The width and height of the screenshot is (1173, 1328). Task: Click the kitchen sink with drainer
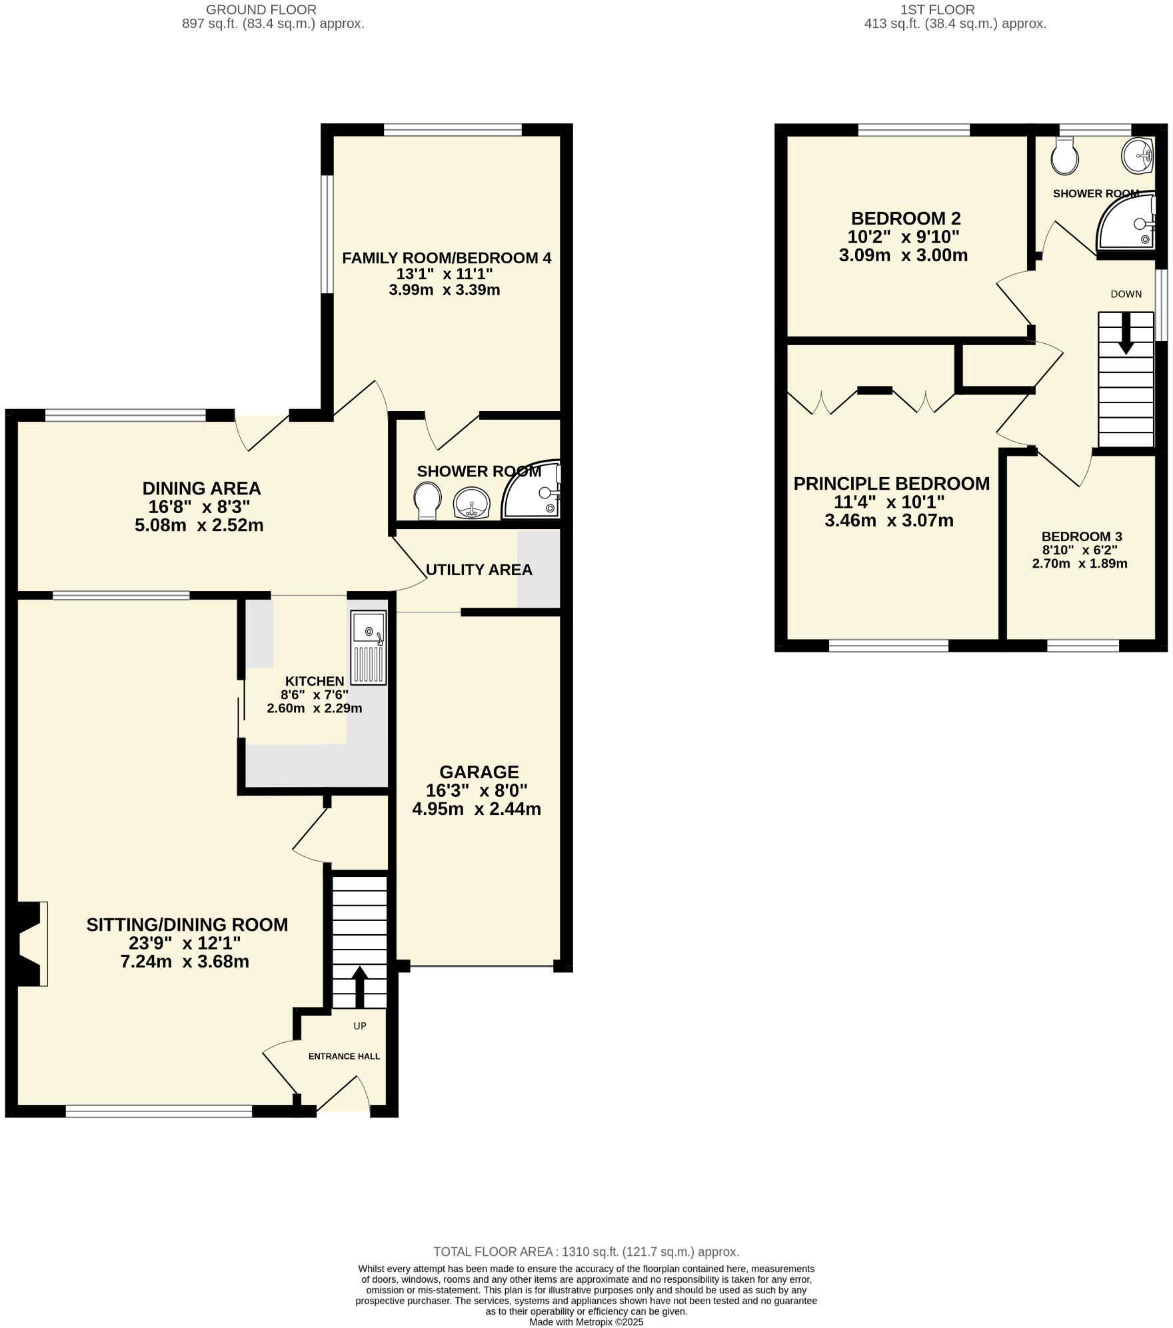369,648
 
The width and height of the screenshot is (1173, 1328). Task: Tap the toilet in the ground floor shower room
427,500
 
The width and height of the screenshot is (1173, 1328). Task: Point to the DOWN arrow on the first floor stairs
1126,333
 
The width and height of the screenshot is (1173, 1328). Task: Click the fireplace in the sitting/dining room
30,944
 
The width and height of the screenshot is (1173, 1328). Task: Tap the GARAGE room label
479,772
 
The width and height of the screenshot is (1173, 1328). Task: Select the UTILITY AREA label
479,570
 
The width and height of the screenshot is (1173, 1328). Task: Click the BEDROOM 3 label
1082,536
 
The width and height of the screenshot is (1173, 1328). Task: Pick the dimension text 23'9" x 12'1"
185,943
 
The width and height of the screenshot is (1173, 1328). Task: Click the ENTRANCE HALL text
344,1056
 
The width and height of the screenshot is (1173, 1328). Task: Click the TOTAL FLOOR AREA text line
586,1251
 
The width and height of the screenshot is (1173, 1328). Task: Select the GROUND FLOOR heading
261,9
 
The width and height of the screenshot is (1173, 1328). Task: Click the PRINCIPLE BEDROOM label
891,484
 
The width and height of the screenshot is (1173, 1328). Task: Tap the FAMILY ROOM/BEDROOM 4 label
447,258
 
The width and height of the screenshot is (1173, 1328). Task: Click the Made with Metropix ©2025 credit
586,1322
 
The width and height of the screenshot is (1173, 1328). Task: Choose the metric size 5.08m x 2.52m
199,525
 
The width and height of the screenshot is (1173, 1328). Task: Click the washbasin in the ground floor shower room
471,502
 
